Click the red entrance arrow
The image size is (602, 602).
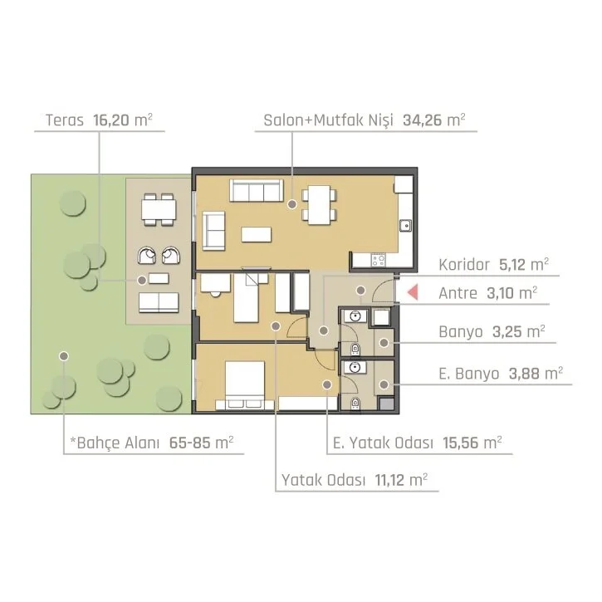pyautogui.click(x=414, y=291)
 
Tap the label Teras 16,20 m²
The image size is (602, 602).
pyautogui.click(x=99, y=120)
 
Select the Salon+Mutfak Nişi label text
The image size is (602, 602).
pyautogui.click(x=329, y=120)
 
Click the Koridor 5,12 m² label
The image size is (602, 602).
pyautogui.click(x=493, y=265)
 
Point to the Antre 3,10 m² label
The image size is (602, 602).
pyautogui.click(x=487, y=293)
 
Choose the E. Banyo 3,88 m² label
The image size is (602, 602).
pyautogui.click(x=501, y=373)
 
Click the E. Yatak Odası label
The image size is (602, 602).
pyautogui.click(x=383, y=443)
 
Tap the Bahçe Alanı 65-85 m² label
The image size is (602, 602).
pyautogui.click(x=152, y=443)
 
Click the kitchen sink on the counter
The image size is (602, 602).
pyautogui.click(x=405, y=225)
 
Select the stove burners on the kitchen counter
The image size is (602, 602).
pyautogui.click(x=378, y=260)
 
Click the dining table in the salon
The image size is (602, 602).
pyautogui.click(x=320, y=204)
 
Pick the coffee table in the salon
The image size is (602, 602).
pyautogui.click(x=257, y=235)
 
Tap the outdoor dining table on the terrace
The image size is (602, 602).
pyautogui.click(x=159, y=209)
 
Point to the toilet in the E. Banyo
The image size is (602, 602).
pyautogui.click(x=355, y=403)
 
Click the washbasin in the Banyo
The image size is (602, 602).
pyautogui.click(x=355, y=316)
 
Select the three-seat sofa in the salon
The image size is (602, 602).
pyautogui.click(x=257, y=190)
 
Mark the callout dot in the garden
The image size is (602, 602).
pyautogui.click(x=64, y=356)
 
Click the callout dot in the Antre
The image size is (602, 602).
pyautogui.click(x=360, y=291)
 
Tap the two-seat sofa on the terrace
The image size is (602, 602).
pyautogui.click(x=159, y=302)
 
